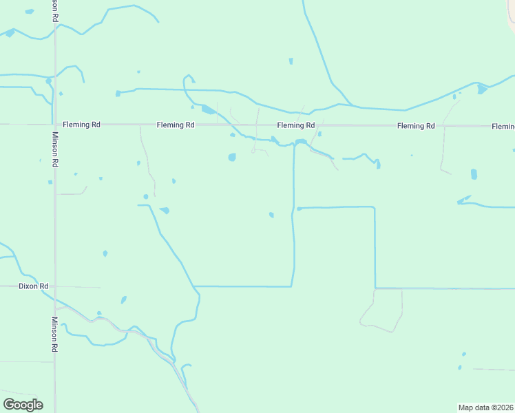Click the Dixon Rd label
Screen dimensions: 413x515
point(34,286)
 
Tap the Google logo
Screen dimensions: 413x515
point(23,405)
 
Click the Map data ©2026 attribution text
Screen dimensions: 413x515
point(485,407)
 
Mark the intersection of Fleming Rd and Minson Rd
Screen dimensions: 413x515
point(55,125)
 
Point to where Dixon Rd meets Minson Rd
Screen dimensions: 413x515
point(55,286)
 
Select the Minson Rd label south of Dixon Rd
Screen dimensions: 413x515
point(54,335)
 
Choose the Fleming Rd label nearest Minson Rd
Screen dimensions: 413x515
point(81,125)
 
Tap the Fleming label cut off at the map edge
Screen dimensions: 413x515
point(503,127)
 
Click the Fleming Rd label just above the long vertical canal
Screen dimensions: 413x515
point(296,125)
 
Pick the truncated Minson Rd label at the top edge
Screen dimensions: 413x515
point(54,10)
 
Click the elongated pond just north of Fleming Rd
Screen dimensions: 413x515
point(207,109)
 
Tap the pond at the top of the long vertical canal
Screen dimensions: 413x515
point(300,142)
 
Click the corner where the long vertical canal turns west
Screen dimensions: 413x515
point(292,286)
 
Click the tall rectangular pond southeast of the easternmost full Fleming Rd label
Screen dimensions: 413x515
point(474,174)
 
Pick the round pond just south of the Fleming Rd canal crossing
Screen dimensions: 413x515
point(232,157)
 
